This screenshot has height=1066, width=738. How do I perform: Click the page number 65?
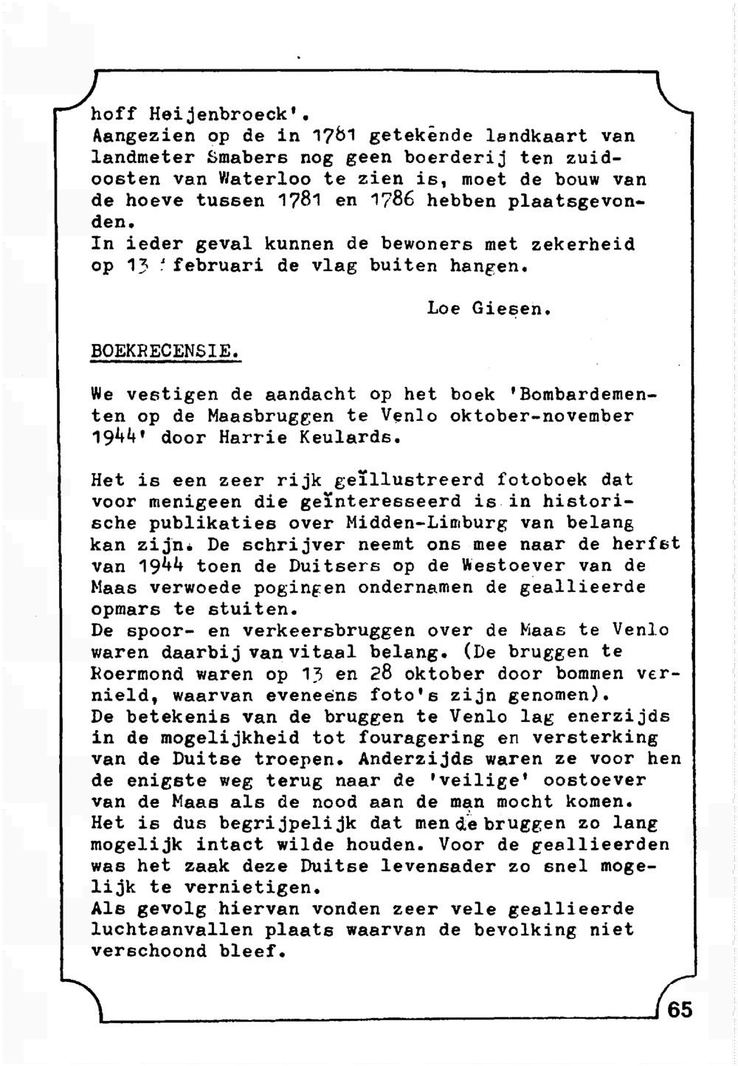point(680,1009)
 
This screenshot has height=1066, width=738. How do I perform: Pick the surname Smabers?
point(243,158)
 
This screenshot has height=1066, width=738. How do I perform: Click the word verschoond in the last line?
point(148,951)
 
